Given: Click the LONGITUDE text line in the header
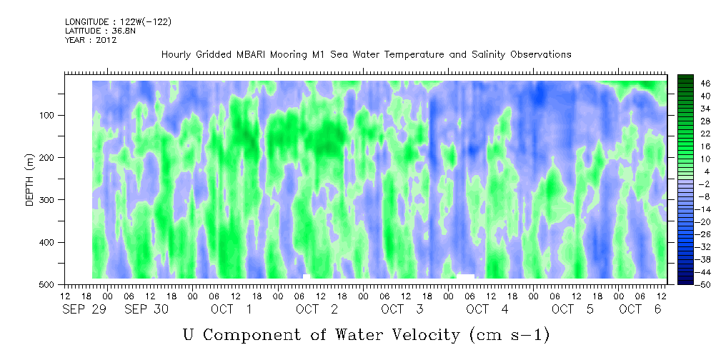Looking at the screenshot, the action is point(118,21).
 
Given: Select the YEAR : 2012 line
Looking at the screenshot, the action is point(91,40).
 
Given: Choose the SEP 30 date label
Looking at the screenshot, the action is point(146,310).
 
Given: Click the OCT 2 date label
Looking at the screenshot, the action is point(317,310).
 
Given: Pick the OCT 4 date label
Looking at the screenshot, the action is point(487,310).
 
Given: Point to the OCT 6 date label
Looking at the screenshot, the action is point(640,310).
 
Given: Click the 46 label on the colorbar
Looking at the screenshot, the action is point(693,84).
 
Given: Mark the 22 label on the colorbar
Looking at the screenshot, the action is point(693,136).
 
